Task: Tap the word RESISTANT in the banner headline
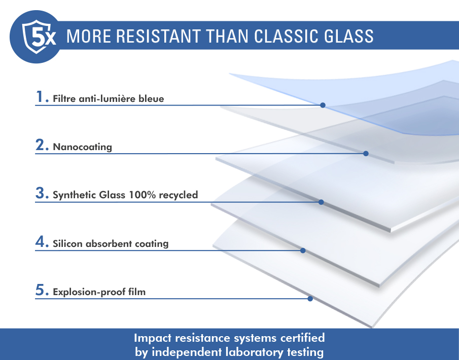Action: [158, 37]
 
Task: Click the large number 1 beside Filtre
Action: [40, 96]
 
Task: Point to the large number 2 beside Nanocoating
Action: [40, 145]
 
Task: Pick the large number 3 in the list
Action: [40, 193]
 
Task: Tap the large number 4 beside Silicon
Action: [40, 241]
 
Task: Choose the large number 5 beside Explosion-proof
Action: [40, 290]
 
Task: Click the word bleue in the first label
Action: [151, 99]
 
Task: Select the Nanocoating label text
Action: [82, 147]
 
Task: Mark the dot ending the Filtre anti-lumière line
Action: [323, 105]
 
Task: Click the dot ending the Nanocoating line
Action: [366, 153]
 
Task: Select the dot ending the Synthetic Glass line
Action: [321, 202]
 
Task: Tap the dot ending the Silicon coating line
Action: [303, 250]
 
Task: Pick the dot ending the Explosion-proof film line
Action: [310, 299]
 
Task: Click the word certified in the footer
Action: [302, 338]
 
